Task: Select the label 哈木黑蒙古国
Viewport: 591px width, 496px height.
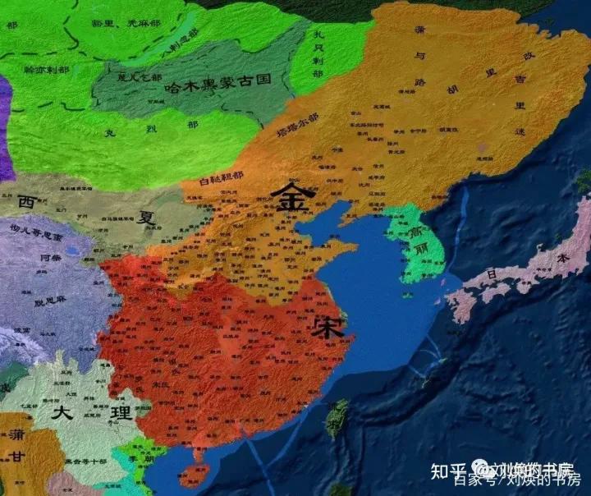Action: click(218, 84)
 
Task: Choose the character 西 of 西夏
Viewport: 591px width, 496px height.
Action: click(26, 201)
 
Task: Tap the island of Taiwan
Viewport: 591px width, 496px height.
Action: click(337, 418)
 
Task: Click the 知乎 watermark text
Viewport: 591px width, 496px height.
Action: click(472, 470)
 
